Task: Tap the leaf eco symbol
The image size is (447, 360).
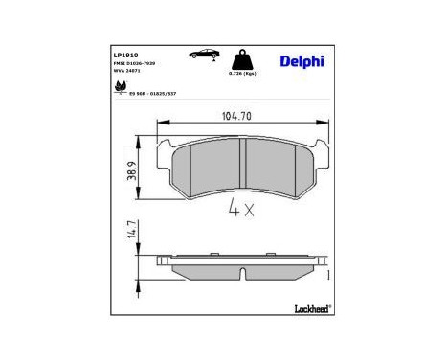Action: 120,87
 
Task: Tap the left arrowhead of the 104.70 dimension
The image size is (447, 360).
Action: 161,123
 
